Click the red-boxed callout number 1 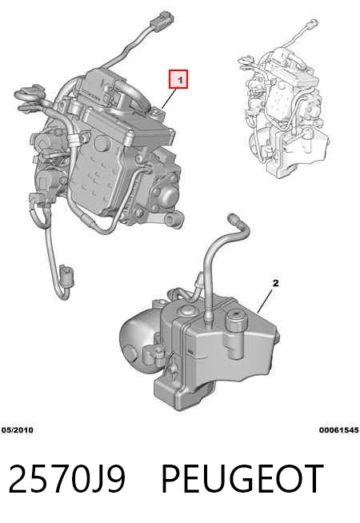(x=178, y=79)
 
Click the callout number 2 (x=275, y=283)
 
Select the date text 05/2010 (x=18, y=430)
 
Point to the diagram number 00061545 (x=339, y=430)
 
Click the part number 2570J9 (x=66, y=479)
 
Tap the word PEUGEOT (x=242, y=479)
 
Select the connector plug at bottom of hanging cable (x=66, y=276)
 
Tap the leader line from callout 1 (x=171, y=98)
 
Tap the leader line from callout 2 (x=266, y=301)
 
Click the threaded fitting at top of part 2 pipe (x=233, y=219)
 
